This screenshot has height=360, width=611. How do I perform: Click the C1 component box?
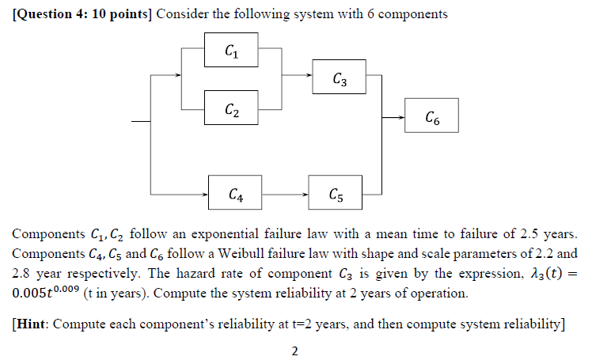point(230,52)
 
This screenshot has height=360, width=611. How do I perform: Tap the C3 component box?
point(339,78)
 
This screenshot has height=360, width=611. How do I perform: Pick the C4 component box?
point(235,192)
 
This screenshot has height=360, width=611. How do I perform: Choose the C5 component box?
point(336,192)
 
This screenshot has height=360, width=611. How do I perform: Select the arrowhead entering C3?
point(309,77)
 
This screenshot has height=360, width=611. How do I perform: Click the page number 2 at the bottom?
point(294,351)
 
